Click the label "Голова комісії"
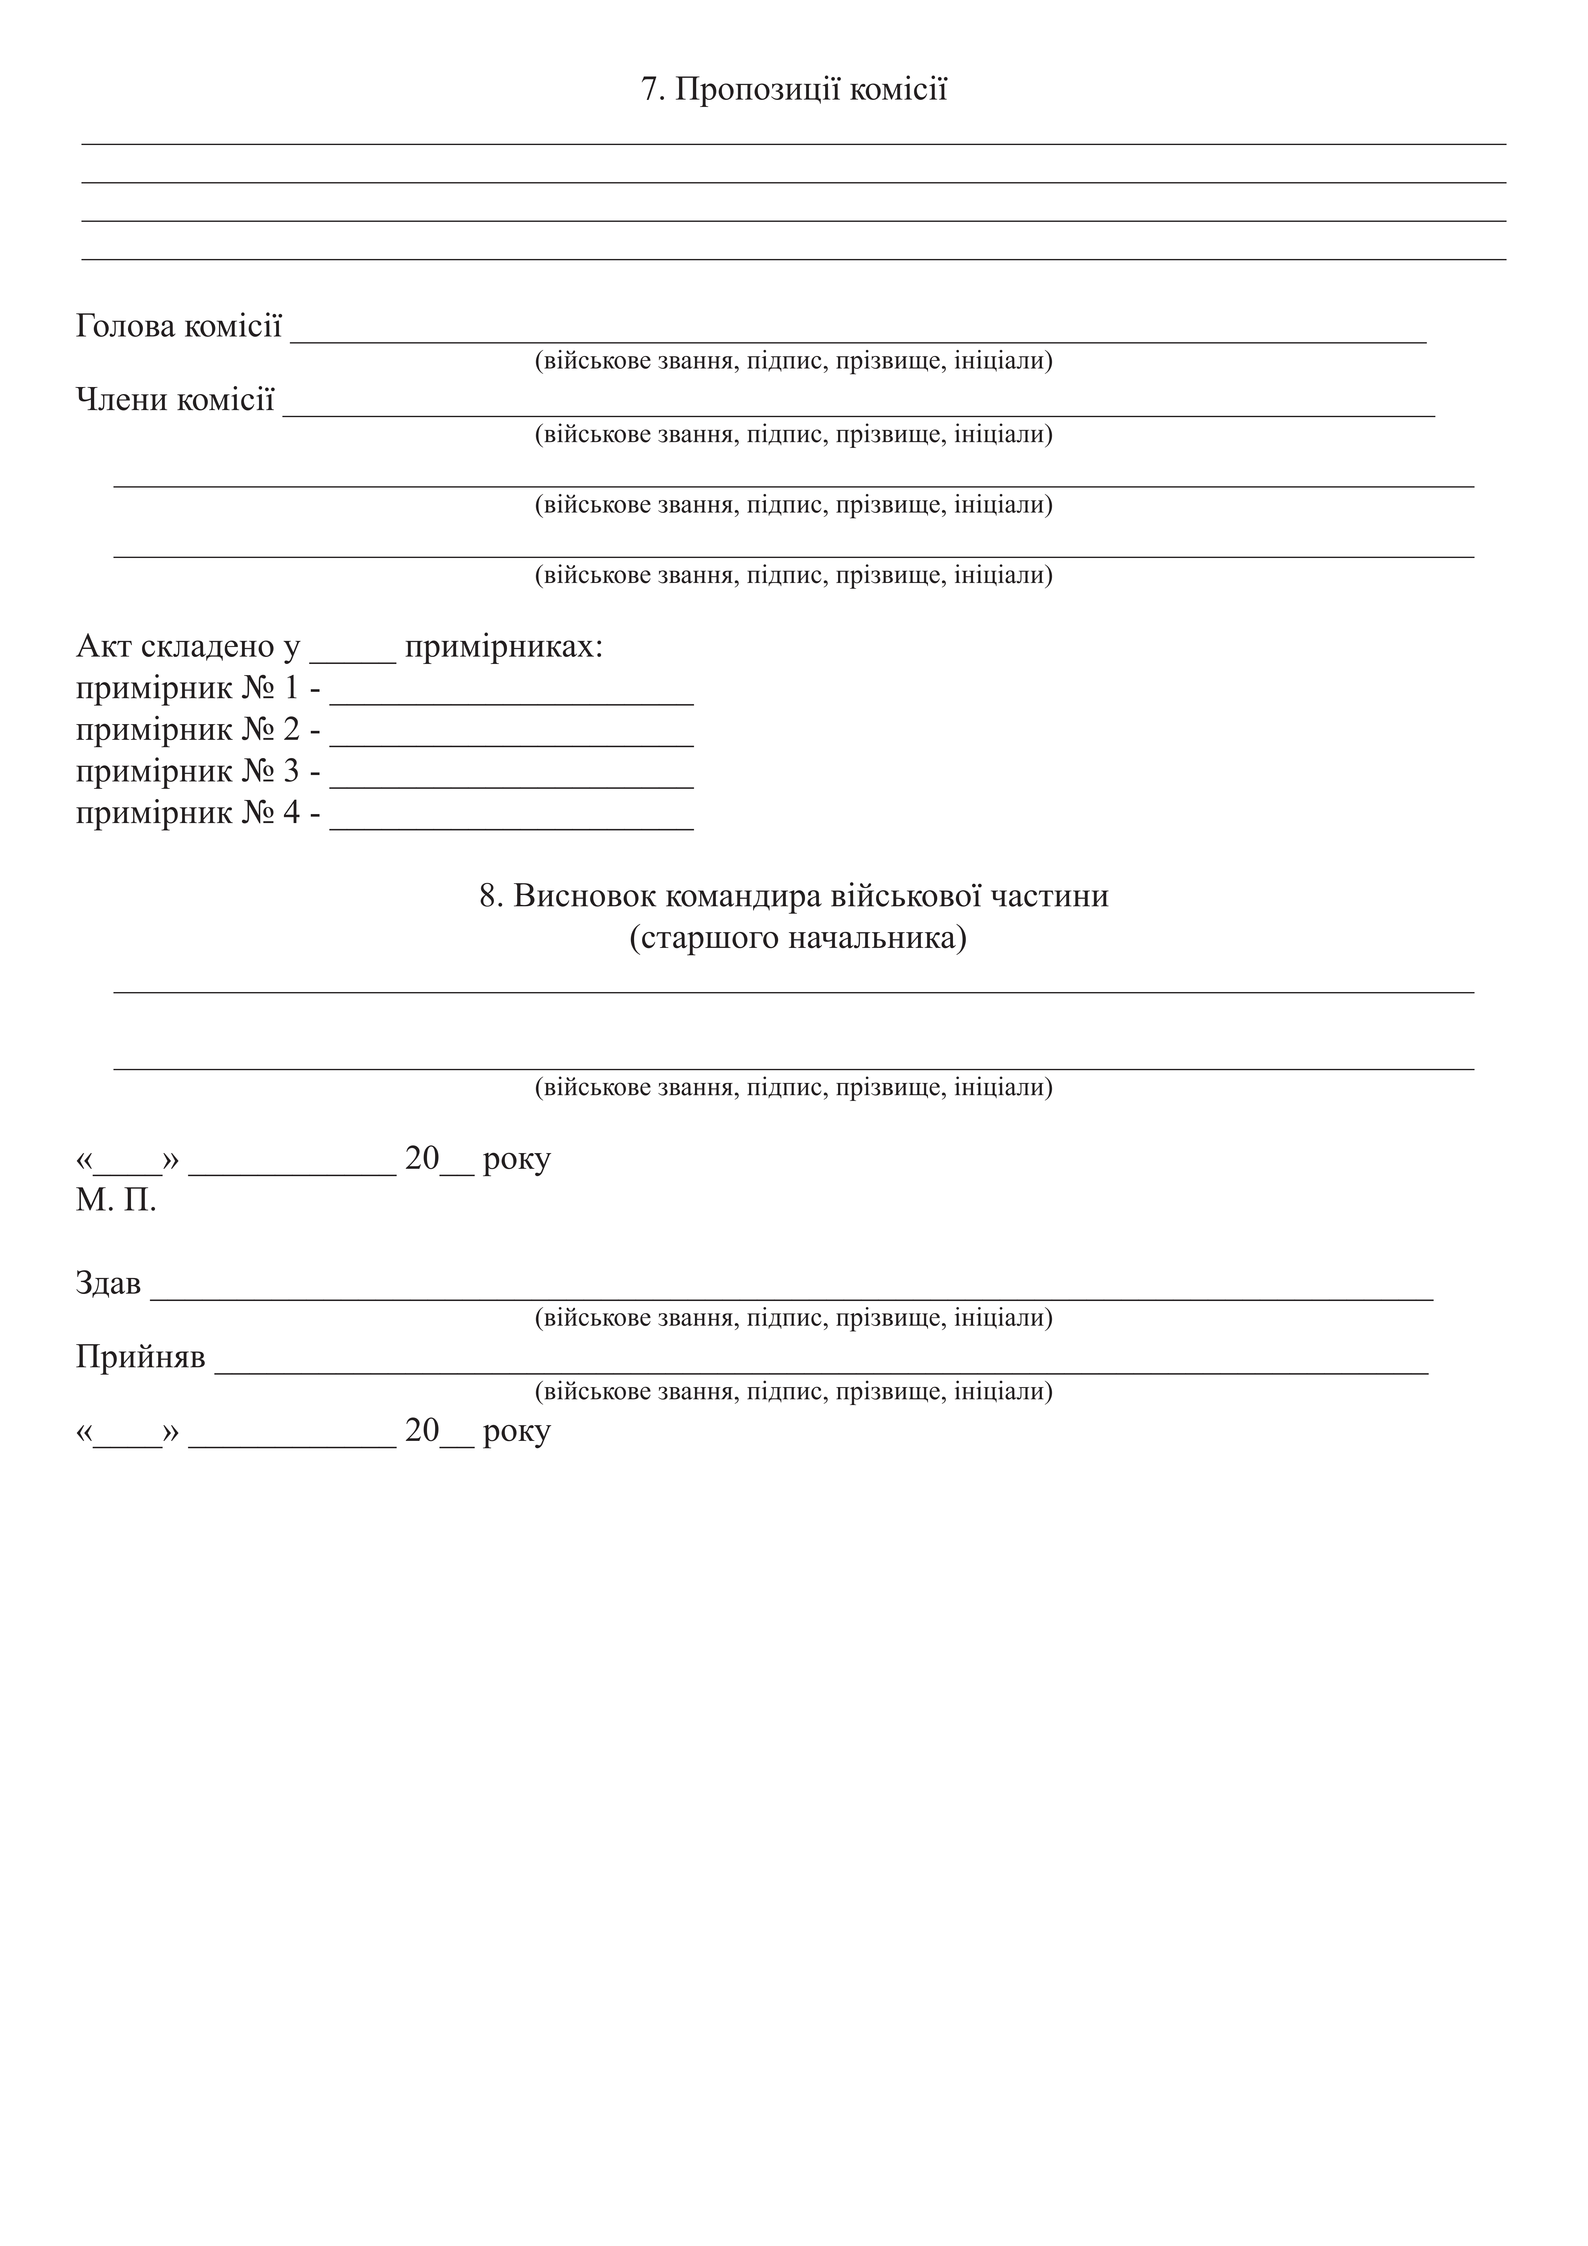click(179, 326)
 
